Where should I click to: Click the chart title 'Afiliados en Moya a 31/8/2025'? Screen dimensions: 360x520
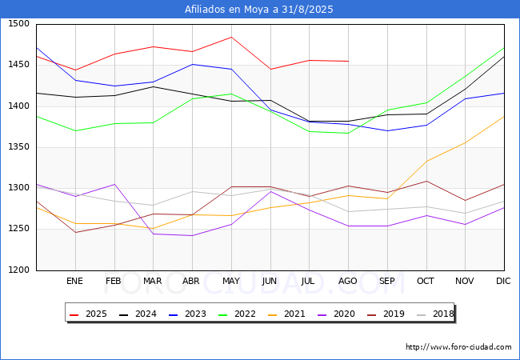click(x=259, y=10)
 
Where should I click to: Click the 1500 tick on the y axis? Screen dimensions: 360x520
click(x=19, y=24)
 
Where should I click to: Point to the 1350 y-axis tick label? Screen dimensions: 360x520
click(x=19, y=147)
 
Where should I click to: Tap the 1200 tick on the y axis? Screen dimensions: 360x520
click(x=19, y=270)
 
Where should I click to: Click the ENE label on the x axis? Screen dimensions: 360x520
click(x=74, y=282)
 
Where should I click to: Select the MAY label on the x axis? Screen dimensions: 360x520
click(x=231, y=282)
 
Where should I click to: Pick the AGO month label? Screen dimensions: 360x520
click(x=348, y=282)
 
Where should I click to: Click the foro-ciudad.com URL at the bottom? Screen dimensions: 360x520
click(x=458, y=347)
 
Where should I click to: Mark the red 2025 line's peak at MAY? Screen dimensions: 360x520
click(x=231, y=37)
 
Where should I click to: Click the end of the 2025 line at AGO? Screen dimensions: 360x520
click(x=348, y=61)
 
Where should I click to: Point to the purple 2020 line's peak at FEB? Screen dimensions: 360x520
click(x=114, y=184)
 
